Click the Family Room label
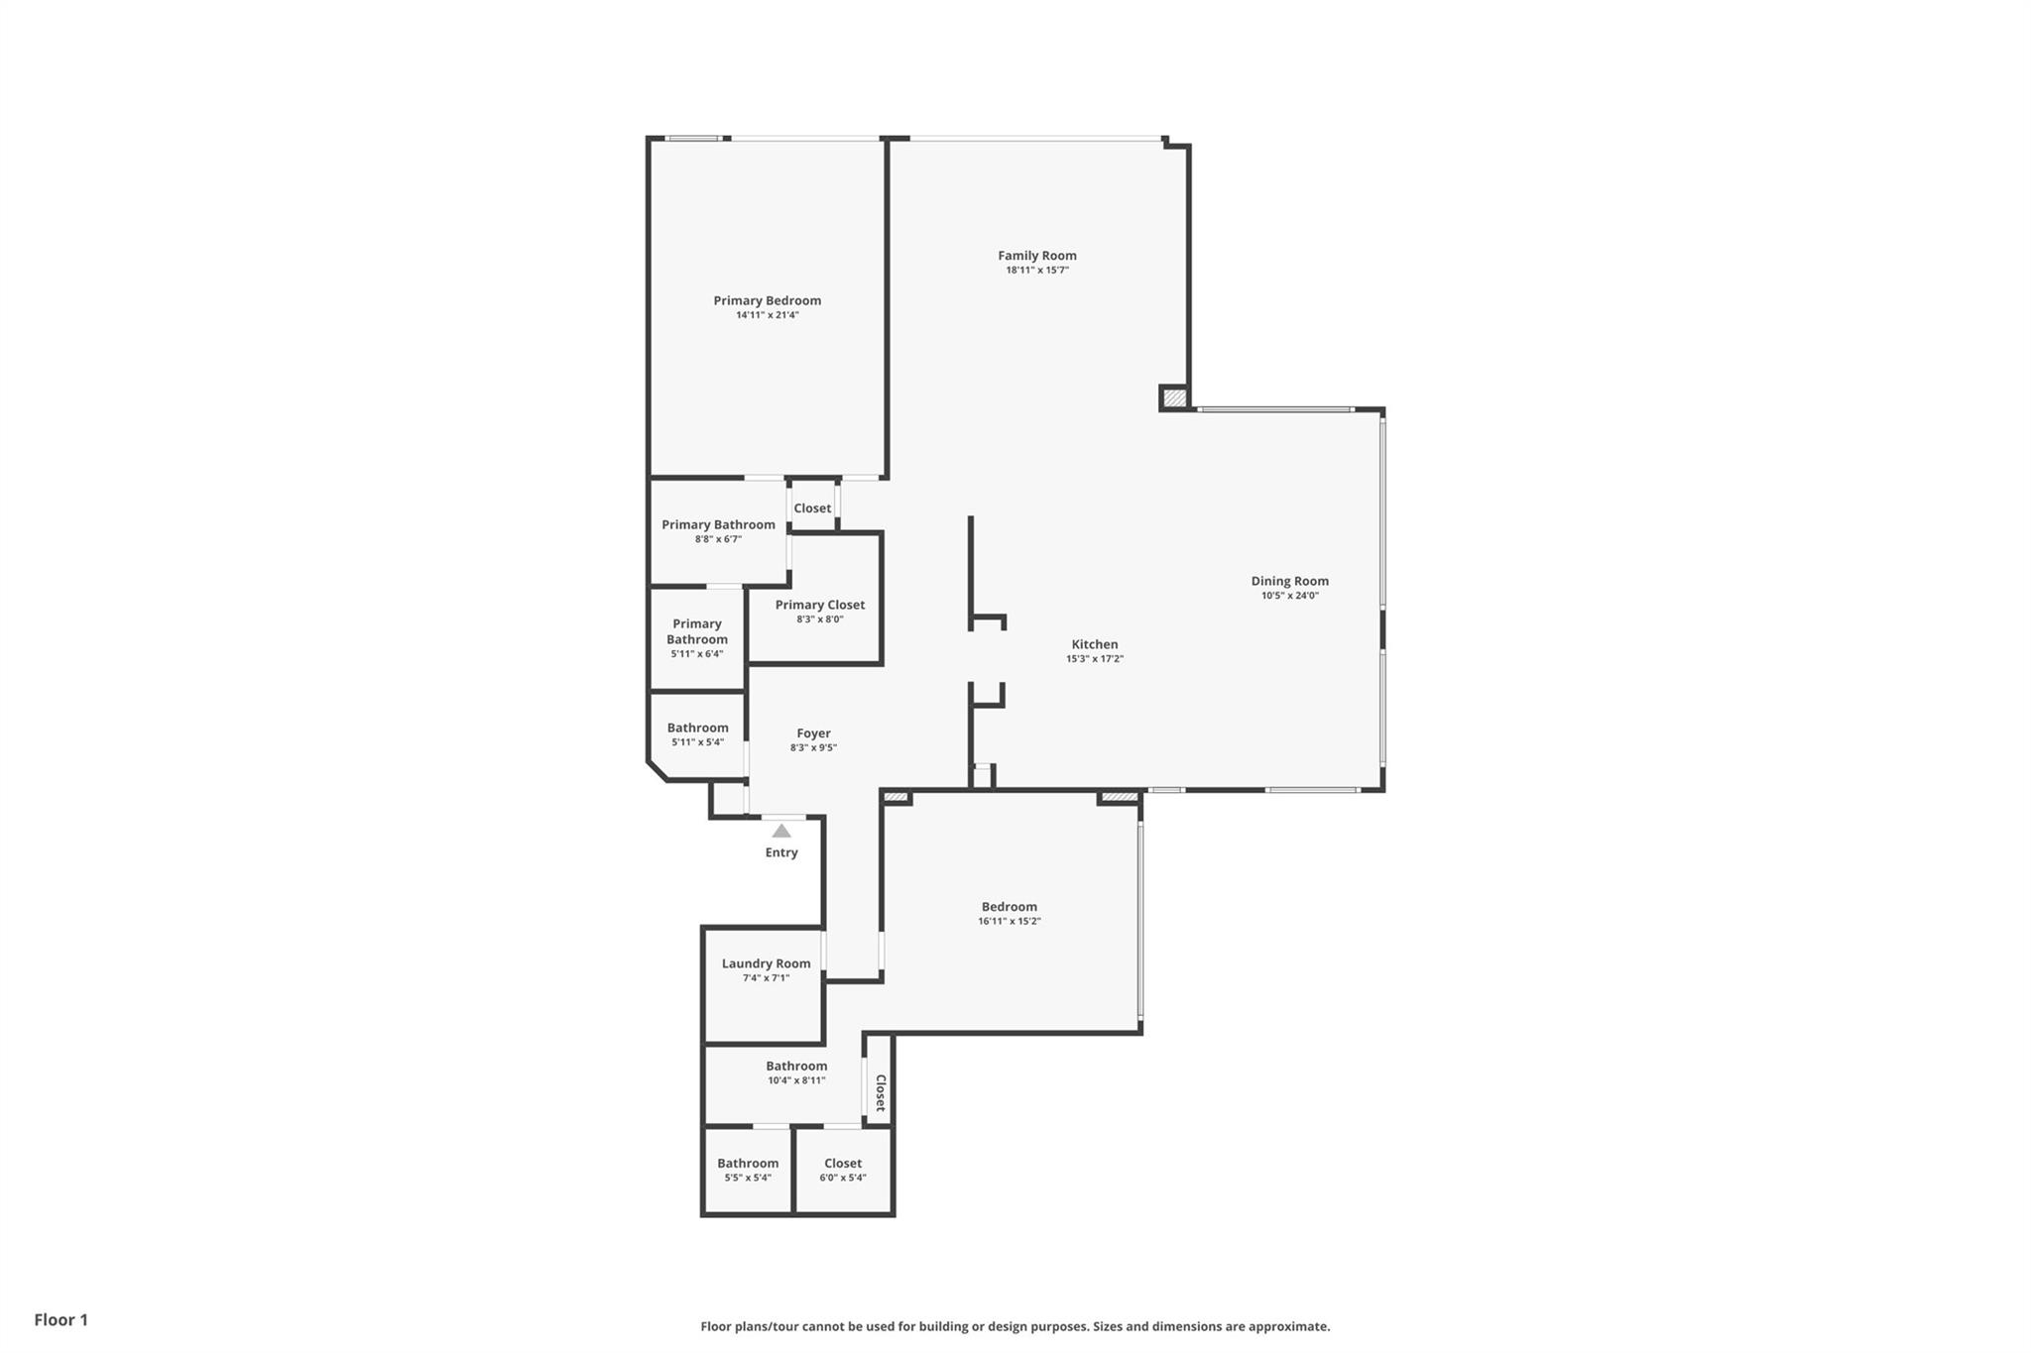(1036, 256)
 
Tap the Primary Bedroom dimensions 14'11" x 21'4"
(767, 315)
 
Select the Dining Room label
(1289, 582)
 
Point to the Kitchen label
(1095, 644)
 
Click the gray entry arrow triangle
(781, 831)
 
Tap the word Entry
(781, 852)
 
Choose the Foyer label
(813, 733)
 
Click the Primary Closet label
(820, 605)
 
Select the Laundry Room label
(766, 963)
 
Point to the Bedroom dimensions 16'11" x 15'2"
(1010, 922)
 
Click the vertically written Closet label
(880, 1093)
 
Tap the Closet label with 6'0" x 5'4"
(843, 1164)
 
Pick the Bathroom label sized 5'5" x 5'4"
(748, 1164)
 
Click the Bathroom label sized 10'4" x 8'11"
(796, 1067)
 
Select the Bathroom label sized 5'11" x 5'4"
(697, 728)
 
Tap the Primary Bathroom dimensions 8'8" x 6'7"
(718, 539)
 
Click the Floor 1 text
(61, 1320)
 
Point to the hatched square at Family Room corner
(1174, 397)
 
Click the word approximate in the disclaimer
(1288, 1327)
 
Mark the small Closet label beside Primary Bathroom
(812, 508)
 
